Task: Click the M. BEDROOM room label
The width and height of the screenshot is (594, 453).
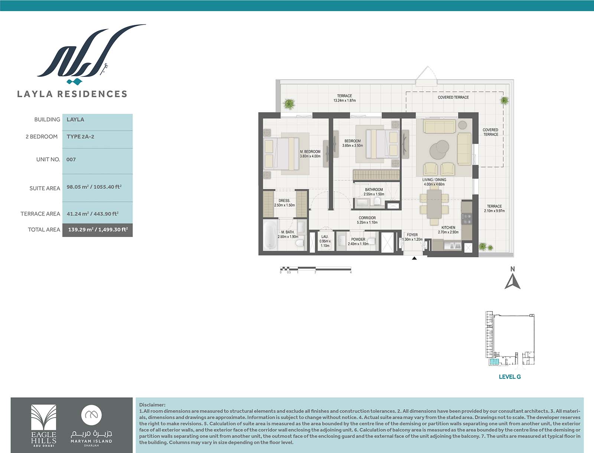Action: pyautogui.click(x=310, y=152)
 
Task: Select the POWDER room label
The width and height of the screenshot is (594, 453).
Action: pyautogui.click(x=358, y=239)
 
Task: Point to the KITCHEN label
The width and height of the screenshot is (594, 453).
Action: pyautogui.click(x=448, y=227)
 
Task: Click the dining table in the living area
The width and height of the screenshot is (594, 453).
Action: pyautogui.click(x=434, y=204)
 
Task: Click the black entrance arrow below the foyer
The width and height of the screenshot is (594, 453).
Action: pyautogui.click(x=414, y=258)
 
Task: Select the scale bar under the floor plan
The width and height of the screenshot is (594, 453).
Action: pyautogui.click(x=316, y=269)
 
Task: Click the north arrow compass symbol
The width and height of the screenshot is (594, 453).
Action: pyautogui.click(x=512, y=281)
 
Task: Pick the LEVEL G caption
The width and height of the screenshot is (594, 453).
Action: pyautogui.click(x=510, y=377)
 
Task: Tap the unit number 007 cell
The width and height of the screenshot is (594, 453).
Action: pyautogui.click(x=97, y=160)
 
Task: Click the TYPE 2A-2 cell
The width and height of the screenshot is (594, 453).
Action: pyautogui.click(x=97, y=137)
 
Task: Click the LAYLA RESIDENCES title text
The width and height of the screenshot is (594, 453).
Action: pyautogui.click(x=72, y=94)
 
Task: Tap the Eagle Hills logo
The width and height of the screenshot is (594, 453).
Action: pyautogui.click(x=43, y=426)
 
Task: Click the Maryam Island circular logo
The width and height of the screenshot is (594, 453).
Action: pyautogui.click(x=91, y=415)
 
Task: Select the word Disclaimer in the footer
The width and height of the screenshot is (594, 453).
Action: pyautogui.click(x=152, y=405)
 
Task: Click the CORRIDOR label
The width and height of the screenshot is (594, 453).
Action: pyautogui.click(x=367, y=218)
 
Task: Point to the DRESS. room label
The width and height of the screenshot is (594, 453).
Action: pyautogui.click(x=284, y=201)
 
